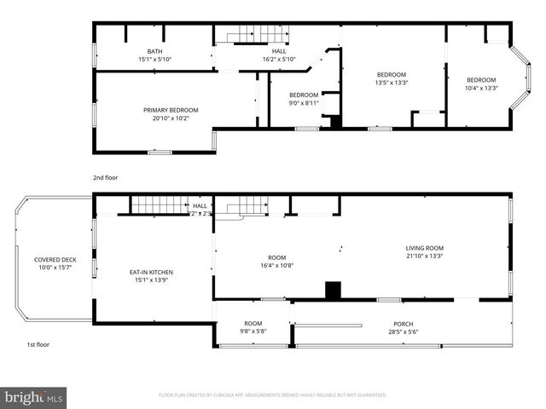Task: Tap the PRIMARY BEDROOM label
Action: [x=171, y=110]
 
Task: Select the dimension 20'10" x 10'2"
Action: [x=171, y=118]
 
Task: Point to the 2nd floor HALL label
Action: [x=278, y=51]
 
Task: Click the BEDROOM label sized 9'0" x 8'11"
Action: [x=304, y=95]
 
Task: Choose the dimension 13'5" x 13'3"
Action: [x=392, y=83]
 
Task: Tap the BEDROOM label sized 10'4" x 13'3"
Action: [x=481, y=80]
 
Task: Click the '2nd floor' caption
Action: [x=106, y=177]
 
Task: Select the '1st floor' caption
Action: [x=38, y=344]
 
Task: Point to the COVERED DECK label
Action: [x=52, y=260]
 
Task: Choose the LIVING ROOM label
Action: [x=424, y=248]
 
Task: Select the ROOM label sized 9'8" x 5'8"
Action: [x=253, y=323]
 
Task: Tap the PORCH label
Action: [x=404, y=323]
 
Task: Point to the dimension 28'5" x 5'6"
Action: [x=404, y=331]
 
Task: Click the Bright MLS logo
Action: [x=34, y=396]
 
